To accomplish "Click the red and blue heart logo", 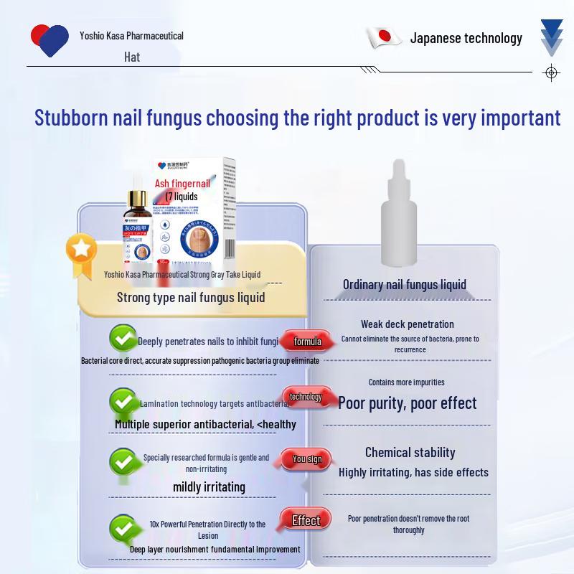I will click(50, 39).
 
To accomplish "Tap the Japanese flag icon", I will click(384, 37).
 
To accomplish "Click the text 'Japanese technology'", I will click(466, 38).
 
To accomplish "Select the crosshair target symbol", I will click(551, 72).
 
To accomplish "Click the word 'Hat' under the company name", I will click(131, 57).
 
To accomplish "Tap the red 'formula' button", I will click(307, 342).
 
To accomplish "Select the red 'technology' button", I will click(306, 397).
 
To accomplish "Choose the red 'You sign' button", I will click(307, 459).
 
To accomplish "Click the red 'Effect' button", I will click(306, 521).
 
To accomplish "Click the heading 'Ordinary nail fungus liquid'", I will click(405, 285).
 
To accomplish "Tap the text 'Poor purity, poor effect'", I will click(408, 403).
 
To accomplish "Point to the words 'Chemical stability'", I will click(410, 453).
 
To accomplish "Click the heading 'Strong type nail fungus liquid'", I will click(191, 297).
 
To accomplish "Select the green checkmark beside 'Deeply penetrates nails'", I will click(123, 338).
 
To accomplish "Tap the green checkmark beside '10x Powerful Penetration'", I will click(123, 529).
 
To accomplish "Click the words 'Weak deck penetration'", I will click(408, 324).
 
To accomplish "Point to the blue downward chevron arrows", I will click(551, 37).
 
